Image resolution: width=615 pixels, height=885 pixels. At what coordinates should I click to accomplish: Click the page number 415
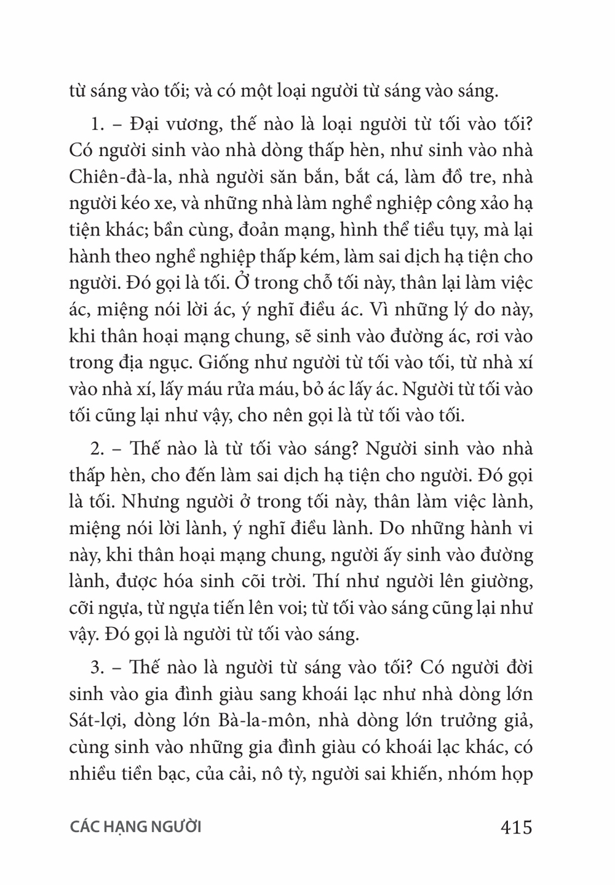[x=516, y=827]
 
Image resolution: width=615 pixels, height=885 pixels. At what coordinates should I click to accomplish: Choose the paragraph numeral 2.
[x=96, y=449]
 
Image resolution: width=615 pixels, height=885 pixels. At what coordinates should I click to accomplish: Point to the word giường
[x=499, y=581]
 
